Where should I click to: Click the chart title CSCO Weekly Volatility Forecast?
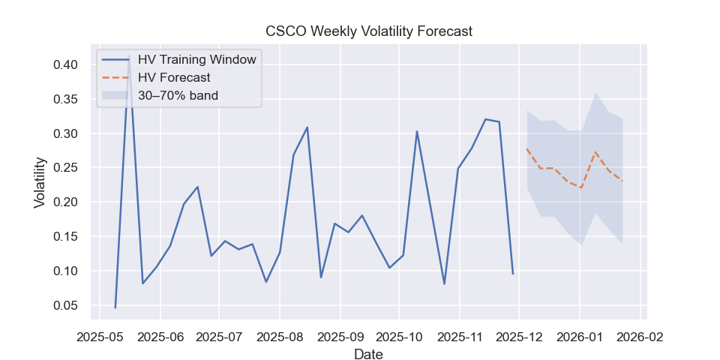pos(369,31)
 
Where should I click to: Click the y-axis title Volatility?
pos(40,182)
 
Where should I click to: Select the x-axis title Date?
pos(368,355)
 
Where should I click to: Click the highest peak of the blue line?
pos(129,56)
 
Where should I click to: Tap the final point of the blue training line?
pos(513,274)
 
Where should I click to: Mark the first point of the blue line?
pos(115,307)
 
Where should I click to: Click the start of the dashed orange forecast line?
pos(527,148)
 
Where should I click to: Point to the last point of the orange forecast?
pos(622,181)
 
